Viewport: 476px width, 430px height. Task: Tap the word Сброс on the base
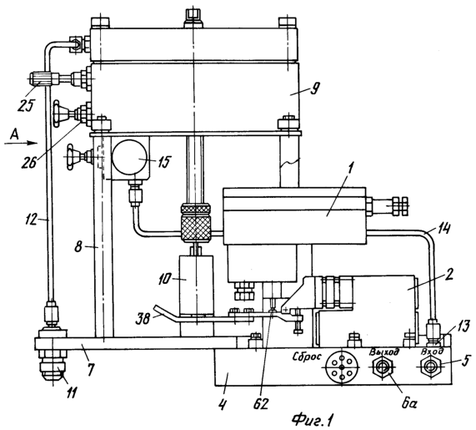[x=307, y=357]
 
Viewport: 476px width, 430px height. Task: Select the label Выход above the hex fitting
[x=384, y=352]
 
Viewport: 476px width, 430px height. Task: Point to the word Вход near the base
[x=432, y=352]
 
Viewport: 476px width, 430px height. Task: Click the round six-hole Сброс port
[x=342, y=367]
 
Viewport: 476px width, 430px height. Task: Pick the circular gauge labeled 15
[x=128, y=158]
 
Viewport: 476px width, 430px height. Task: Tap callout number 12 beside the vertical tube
[x=33, y=219]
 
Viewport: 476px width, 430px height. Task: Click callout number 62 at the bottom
[x=261, y=404]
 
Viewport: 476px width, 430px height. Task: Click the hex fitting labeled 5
[x=429, y=367]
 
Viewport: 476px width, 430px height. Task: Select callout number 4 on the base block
[x=223, y=403]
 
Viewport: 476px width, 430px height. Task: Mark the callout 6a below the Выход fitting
[x=409, y=404]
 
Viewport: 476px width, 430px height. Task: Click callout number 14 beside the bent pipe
[x=443, y=229]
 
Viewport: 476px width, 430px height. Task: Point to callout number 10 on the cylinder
[x=165, y=279]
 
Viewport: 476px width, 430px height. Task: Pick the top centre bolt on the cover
[x=194, y=18]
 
